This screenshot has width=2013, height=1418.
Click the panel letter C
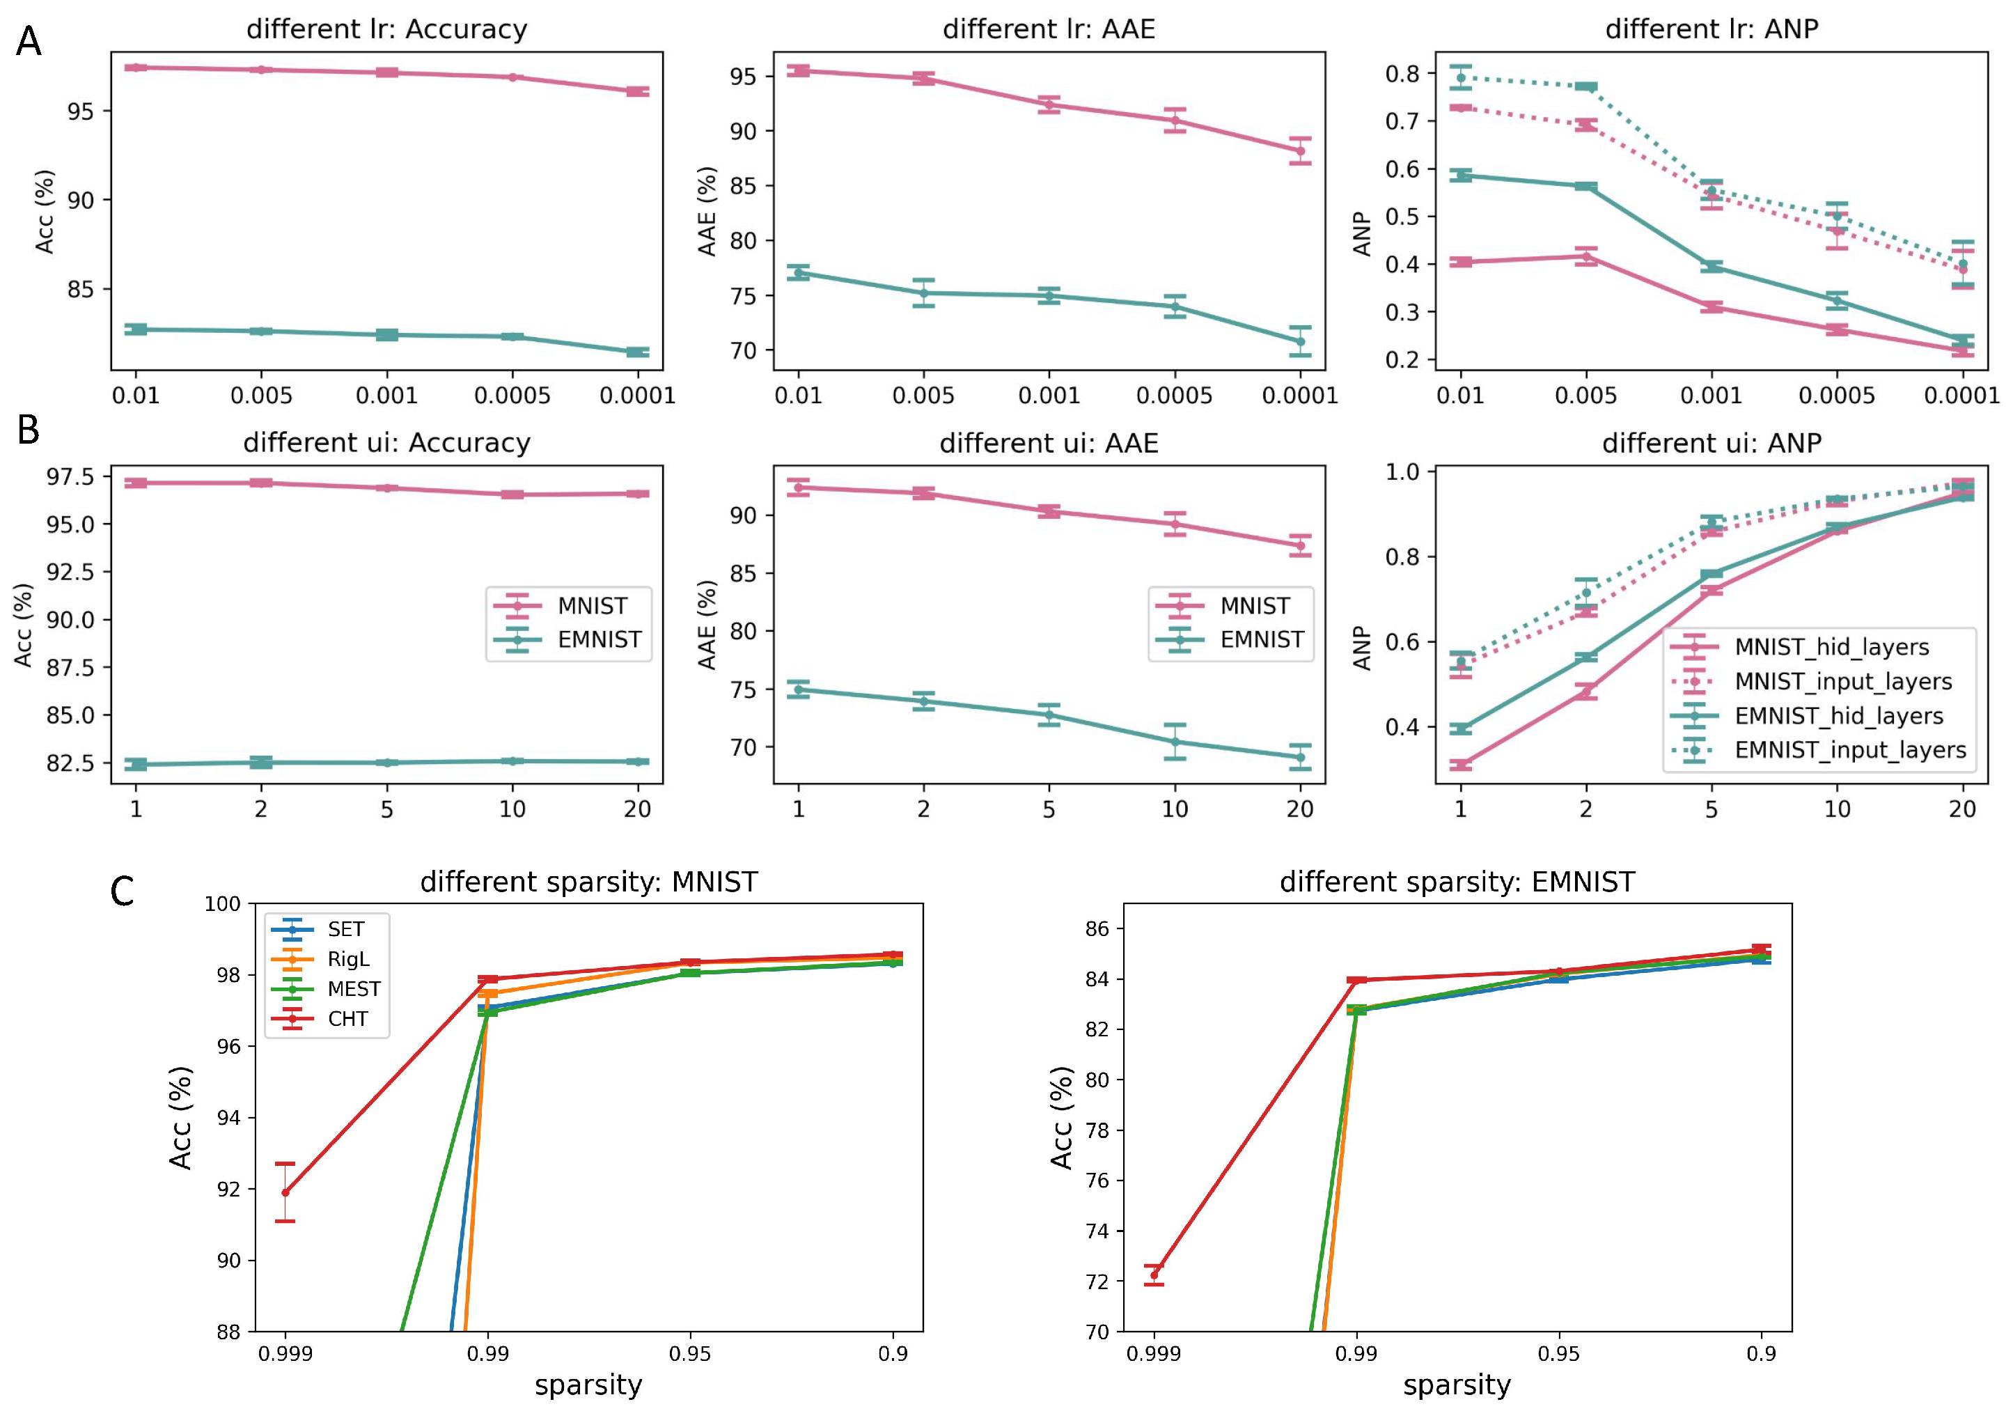[x=122, y=892]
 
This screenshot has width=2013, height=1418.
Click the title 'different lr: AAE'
[x=1049, y=29]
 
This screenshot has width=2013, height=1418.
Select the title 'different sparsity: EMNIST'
[x=1457, y=881]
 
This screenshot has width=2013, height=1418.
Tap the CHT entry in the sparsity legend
[x=347, y=1019]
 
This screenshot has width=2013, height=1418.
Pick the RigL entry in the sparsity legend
[x=348, y=959]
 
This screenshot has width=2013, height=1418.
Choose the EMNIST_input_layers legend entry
[x=1850, y=751]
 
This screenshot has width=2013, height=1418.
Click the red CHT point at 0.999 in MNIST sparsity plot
[x=285, y=1192]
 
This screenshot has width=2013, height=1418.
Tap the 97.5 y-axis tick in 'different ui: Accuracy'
[x=70, y=477]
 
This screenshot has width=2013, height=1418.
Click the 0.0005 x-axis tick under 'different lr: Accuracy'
[x=512, y=396]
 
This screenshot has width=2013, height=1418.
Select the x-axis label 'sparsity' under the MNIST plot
[x=588, y=1385]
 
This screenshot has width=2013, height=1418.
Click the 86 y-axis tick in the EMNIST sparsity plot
[x=1097, y=928]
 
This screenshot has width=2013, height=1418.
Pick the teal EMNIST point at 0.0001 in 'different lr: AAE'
[x=1300, y=341]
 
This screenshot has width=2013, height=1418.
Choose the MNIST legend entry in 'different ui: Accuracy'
[x=592, y=606]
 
